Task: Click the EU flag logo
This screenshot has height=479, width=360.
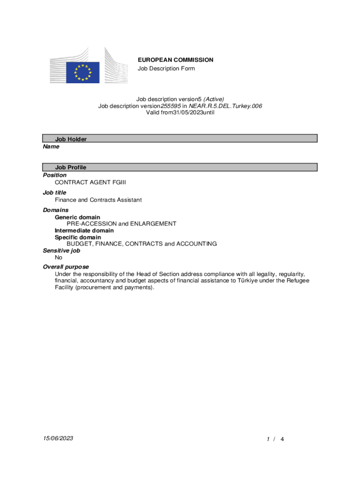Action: (83, 73)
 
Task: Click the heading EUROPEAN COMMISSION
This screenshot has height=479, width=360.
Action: (175, 60)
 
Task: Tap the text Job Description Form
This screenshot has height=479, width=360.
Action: (166, 69)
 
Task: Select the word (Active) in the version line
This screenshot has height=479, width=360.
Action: (214, 99)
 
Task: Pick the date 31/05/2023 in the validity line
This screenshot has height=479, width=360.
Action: (187, 113)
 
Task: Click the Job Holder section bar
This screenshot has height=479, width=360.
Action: (180, 139)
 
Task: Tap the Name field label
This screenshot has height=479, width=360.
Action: (51, 147)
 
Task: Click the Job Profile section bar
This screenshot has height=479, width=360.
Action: (180, 167)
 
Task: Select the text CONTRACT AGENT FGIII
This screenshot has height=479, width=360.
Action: (90, 182)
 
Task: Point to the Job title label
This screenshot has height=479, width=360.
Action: (55, 193)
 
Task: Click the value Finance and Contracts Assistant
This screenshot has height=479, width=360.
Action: (98, 200)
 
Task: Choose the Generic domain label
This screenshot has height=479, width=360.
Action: (77, 218)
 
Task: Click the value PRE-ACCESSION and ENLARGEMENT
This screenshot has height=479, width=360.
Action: (121, 224)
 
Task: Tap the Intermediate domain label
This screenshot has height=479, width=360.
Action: (84, 231)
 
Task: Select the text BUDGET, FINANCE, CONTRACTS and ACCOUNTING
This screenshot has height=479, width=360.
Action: (142, 244)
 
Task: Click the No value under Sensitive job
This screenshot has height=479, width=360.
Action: (58, 258)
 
